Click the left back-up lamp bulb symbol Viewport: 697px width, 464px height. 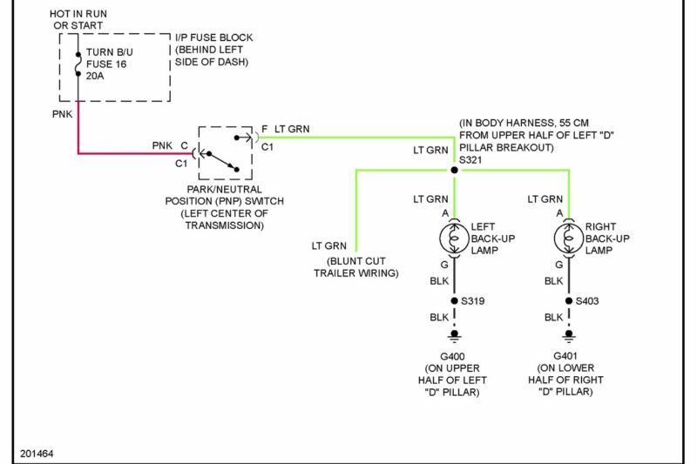[454, 238]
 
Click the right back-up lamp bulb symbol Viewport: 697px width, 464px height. [569, 238]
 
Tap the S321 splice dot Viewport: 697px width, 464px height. [454, 170]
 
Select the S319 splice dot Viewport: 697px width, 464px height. [454, 301]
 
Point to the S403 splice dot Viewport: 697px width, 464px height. [569, 301]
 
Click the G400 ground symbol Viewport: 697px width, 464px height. [454, 336]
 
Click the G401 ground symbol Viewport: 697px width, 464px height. [569, 336]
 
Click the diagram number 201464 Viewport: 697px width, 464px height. [38, 454]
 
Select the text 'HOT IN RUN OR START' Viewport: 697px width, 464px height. [78, 20]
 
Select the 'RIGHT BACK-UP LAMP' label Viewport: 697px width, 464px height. [609, 239]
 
